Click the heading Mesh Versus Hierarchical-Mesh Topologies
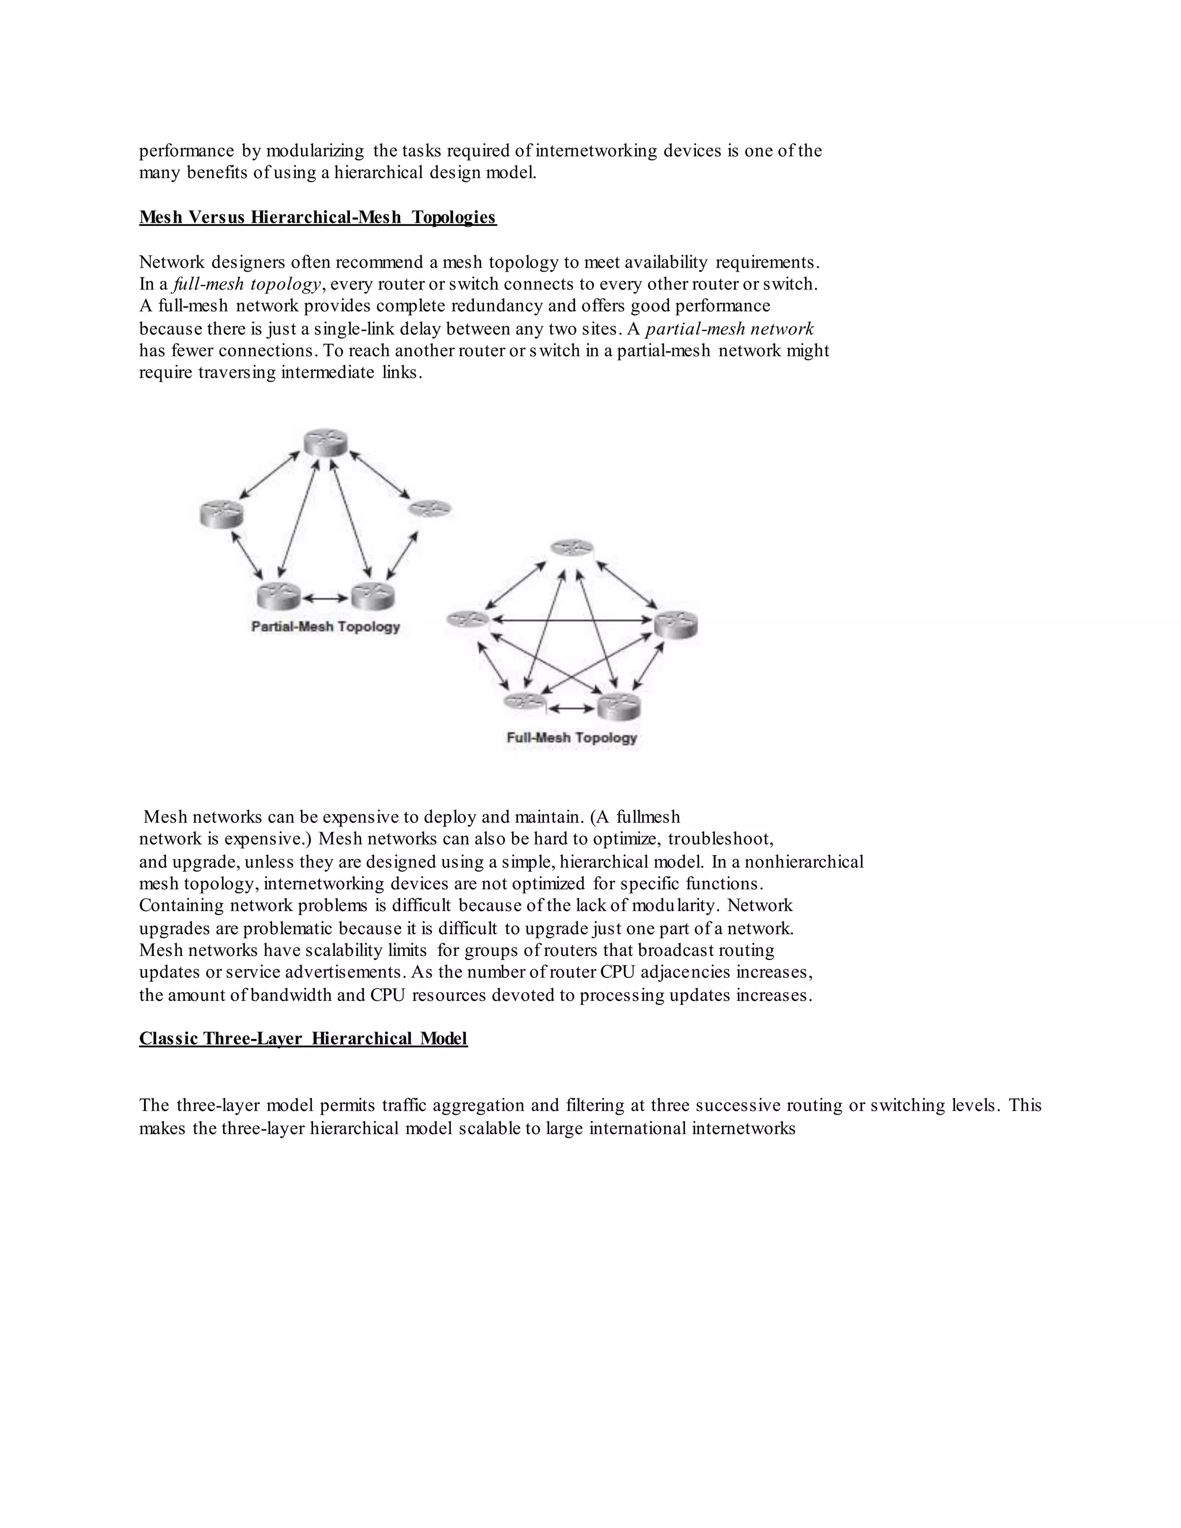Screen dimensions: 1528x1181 [318, 217]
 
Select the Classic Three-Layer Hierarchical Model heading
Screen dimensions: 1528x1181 [303, 1038]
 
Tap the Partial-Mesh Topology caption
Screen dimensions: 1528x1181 [325, 627]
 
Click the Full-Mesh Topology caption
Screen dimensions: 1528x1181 [571, 737]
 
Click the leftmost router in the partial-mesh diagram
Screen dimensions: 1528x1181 [221, 514]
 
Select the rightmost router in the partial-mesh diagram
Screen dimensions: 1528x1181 [430, 509]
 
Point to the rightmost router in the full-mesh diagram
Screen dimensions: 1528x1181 [676, 624]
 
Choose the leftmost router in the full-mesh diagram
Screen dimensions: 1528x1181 [467, 619]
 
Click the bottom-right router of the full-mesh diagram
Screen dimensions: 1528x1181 [619, 705]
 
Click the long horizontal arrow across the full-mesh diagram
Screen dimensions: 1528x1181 [571, 620]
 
